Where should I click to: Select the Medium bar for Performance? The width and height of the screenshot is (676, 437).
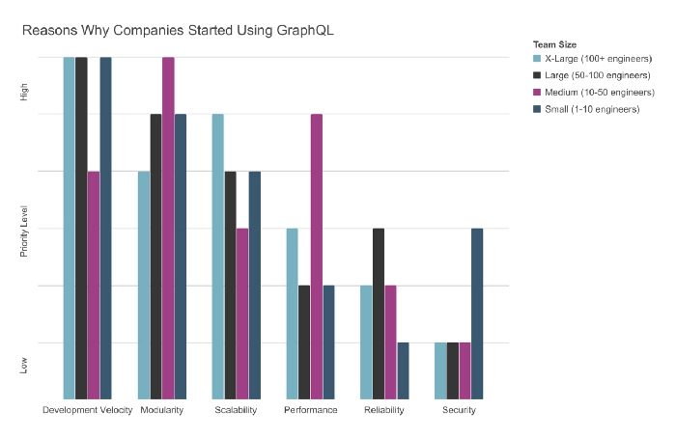click(x=316, y=256)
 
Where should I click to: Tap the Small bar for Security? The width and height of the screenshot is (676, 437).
click(x=476, y=314)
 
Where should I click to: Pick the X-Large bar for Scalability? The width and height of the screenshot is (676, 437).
click(x=218, y=256)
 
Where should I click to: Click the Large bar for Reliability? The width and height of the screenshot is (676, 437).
click(x=379, y=314)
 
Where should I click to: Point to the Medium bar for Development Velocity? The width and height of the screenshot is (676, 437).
click(x=94, y=285)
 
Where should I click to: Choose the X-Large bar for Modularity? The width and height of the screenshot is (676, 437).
click(x=144, y=285)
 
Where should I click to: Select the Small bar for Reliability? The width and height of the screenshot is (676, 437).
click(x=403, y=370)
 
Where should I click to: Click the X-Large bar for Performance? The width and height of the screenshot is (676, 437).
click(x=292, y=314)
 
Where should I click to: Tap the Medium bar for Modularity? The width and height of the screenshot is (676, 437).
click(x=168, y=228)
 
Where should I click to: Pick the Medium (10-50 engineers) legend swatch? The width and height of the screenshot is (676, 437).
click(x=538, y=94)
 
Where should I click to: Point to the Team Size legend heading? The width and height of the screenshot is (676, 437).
click(x=554, y=44)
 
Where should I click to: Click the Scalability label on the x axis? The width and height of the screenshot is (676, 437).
click(x=237, y=411)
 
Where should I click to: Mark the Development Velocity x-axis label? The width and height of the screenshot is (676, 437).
click(x=88, y=411)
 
